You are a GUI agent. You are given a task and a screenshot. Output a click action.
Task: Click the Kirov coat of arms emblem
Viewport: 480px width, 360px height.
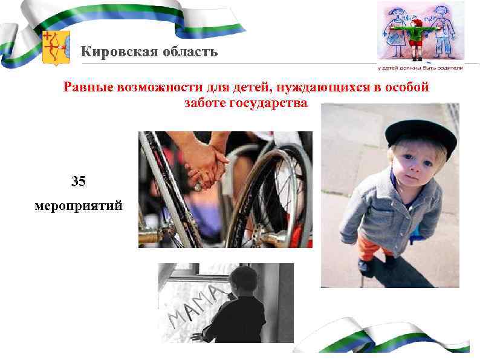click(x=56, y=48)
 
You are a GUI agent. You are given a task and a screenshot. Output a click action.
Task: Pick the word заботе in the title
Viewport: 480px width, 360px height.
click(x=205, y=103)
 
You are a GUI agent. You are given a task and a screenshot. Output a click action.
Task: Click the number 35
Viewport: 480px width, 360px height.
click(x=78, y=181)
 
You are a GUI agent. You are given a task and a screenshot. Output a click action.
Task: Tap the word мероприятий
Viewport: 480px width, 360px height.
click(x=78, y=206)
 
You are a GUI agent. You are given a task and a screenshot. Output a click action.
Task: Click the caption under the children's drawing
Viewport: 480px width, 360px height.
click(x=421, y=68)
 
